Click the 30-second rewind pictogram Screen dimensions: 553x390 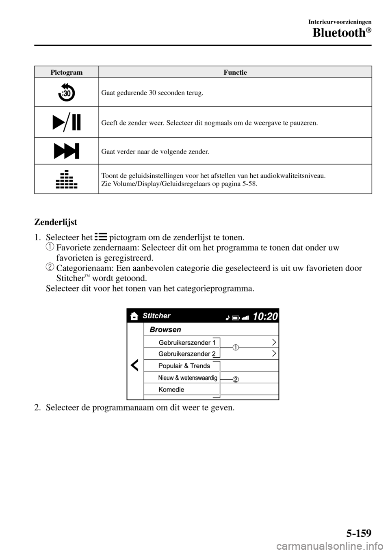[66, 92]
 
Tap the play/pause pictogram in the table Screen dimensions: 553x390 [66, 122]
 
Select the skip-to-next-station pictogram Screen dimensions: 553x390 [66, 151]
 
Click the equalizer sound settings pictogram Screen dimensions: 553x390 [66, 179]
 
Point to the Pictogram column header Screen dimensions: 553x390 [67, 72]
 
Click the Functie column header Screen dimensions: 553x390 [235, 72]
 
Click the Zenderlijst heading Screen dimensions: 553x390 [56, 222]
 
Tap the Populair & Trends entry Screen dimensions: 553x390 [184, 366]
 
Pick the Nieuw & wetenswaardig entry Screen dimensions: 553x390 [187, 378]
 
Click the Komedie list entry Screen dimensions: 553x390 [171, 389]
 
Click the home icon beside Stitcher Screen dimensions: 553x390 [134, 316]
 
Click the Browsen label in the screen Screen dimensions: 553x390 [165, 329]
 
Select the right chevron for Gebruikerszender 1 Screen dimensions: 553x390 [275, 342]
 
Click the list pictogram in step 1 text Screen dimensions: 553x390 [101, 237]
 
